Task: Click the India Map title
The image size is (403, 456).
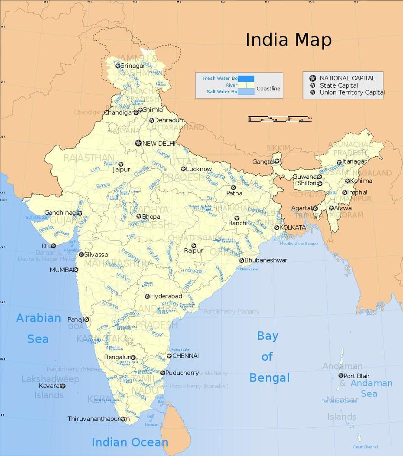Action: pyautogui.click(x=289, y=40)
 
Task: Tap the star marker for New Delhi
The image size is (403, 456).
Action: pyautogui.click(x=138, y=143)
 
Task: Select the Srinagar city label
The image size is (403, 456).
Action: pyautogui.click(x=133, y=66)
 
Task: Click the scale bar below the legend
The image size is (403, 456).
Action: pyautogui.click(x=280, y=118)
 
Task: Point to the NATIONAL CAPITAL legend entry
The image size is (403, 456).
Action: pyautogui.click(x=347, y=78)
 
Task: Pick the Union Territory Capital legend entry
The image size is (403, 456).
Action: pyautogui.click(x=352, y=92)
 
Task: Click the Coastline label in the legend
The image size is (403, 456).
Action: pyautogui.click(x=268, y=89)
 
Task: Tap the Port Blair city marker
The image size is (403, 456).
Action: pyautogui.click(x=341, y=375)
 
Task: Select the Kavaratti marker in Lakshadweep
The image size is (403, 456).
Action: pyautogui.click(x=63, y=386)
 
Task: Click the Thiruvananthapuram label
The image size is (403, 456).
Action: pyautogui.click(x=94, y=419)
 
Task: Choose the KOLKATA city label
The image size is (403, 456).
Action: pyautogui.click(x=292, y=227)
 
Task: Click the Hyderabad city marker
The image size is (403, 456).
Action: pyautogui.click(x=147, y=296)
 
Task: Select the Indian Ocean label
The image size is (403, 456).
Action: pyautogui.click(x=130, y=442)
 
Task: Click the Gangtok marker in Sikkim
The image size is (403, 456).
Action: pyautogui.click(x=277, y=161)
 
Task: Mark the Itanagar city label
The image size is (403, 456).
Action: pyautogui.click(x=354, y=161)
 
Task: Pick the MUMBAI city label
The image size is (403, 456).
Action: pyautogui.click(x=62, y=269)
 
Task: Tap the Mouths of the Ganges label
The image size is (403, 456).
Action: pyautogui.click(x=299, y=243)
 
